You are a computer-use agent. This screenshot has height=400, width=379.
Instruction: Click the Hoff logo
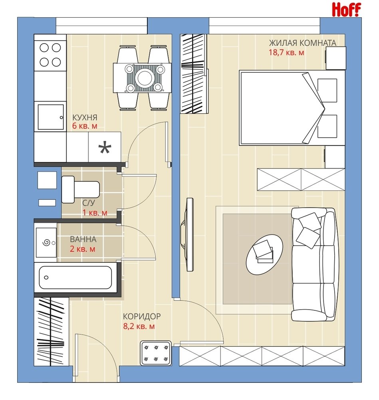[346, 10]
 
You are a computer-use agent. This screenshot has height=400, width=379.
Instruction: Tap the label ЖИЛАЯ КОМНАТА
[303, 43]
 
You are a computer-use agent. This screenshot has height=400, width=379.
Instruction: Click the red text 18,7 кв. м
[286, 52]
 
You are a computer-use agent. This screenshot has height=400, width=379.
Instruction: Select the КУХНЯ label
[85, 117]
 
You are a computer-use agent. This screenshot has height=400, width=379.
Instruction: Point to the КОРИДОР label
[142, 316]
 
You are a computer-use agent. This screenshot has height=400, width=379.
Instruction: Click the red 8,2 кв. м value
[139, 326]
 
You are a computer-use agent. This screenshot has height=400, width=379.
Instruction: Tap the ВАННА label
[83, 239]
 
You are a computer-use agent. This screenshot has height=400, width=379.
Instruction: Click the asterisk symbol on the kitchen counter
[105, 148]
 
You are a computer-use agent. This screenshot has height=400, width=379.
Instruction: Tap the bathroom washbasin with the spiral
[46, 243]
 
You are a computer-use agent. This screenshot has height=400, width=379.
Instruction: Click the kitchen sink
[51, 117]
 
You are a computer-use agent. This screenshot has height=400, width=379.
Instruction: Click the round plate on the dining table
[145, 78]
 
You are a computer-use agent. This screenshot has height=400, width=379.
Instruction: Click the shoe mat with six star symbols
[156, 353]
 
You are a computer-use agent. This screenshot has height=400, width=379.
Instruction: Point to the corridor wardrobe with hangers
[51, 332]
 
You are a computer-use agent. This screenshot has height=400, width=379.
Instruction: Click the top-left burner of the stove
[44, 48]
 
